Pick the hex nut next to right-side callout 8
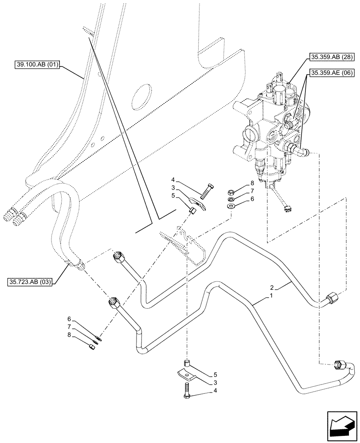coord(231,193)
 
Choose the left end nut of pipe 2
coord(120,256)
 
